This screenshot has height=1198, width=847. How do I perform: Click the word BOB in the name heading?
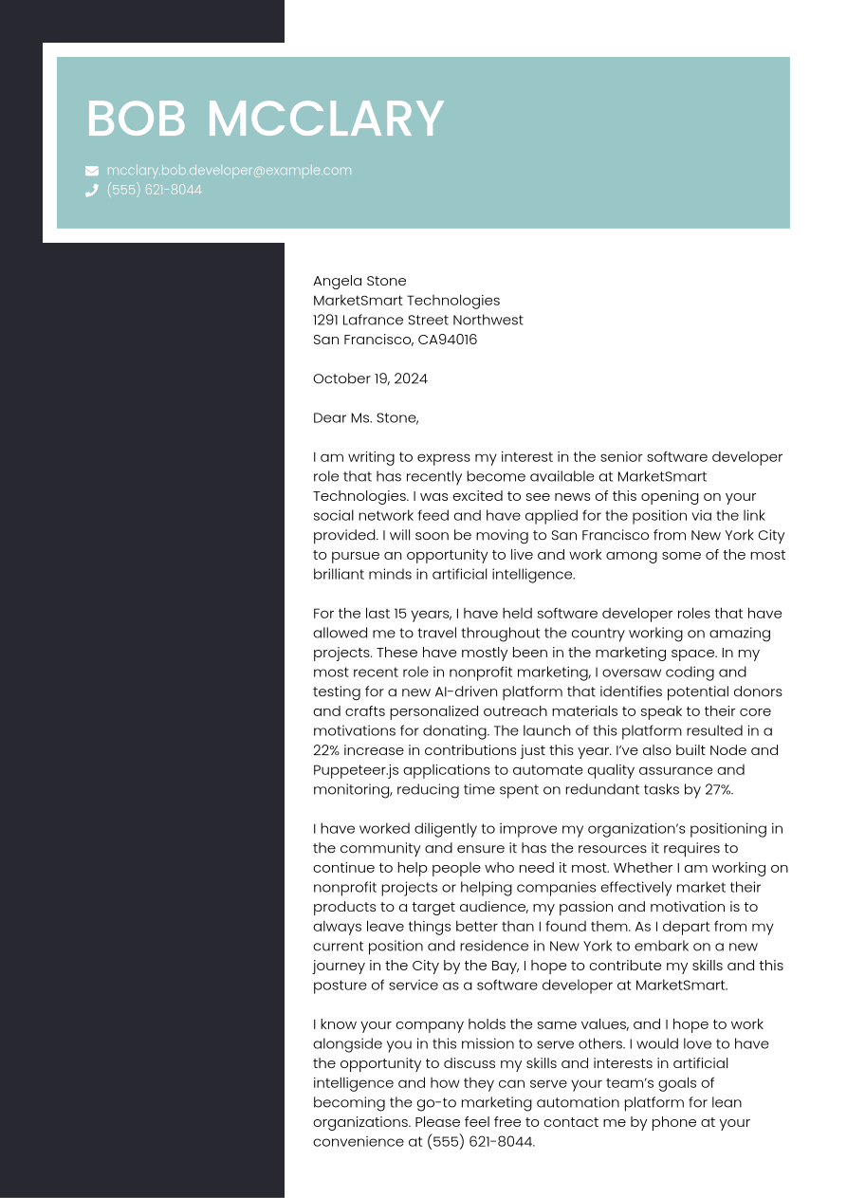tap(136, 120)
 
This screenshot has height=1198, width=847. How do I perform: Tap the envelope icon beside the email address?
tap(92, 171)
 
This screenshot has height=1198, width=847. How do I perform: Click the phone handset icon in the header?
tap(92, 190)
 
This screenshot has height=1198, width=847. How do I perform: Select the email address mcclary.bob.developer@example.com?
tap(229, 171)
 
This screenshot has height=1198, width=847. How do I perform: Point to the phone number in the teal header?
tap(154, 190)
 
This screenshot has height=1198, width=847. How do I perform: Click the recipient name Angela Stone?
tap(359, 281)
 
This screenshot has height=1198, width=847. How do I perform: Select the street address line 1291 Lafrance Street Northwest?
tap(417, 320)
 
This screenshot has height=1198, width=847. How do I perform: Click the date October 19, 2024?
tap(370, 378)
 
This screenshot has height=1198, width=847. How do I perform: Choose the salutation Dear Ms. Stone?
tap(365, 417)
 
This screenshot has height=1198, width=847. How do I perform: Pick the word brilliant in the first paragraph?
tap(342, 574)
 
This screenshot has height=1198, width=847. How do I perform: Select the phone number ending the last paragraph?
tap(480, 1141)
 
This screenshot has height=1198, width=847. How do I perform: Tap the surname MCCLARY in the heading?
tap(325, 120)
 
